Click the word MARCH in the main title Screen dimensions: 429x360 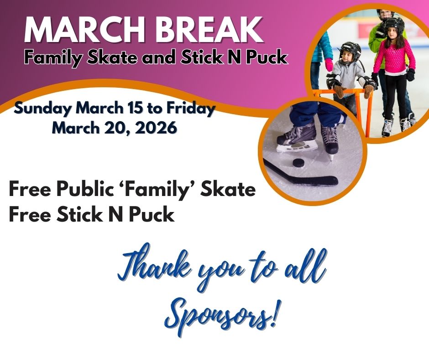pyautogui.click(x=84, y=29)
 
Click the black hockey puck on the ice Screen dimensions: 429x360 pyautogui.click(x=299, y=163)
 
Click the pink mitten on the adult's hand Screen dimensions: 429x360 pyautogui.click(x=329, y=65)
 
